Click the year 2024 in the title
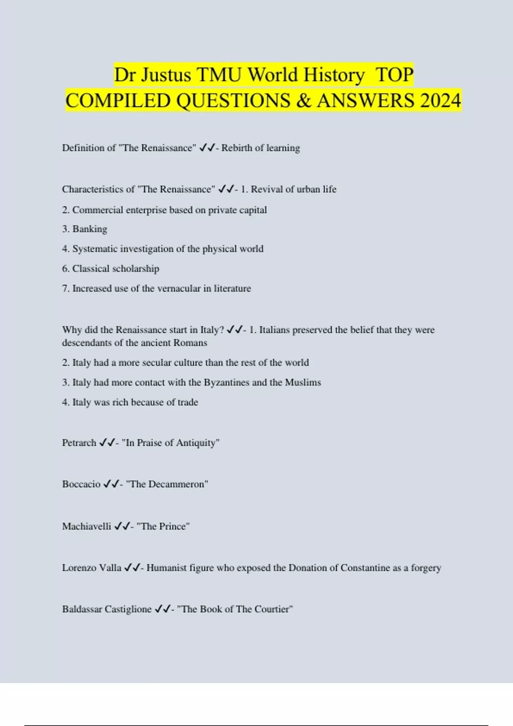point(440,101)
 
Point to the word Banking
point(90,229)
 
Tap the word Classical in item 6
point(91,269)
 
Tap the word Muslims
point(303,382)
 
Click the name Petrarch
point(79,443)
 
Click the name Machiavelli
point(86,526)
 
